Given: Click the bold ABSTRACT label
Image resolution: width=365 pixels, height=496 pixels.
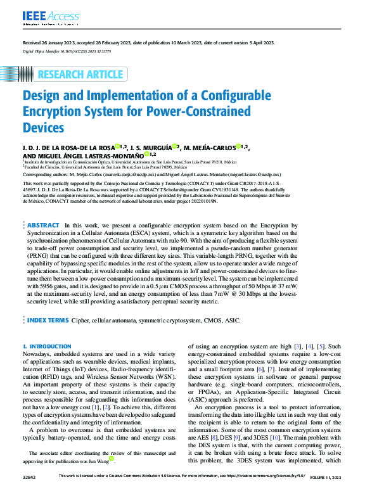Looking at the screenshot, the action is click(x=44, y=225).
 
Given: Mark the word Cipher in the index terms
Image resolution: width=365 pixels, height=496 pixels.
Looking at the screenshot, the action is click(x=80, y=321).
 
